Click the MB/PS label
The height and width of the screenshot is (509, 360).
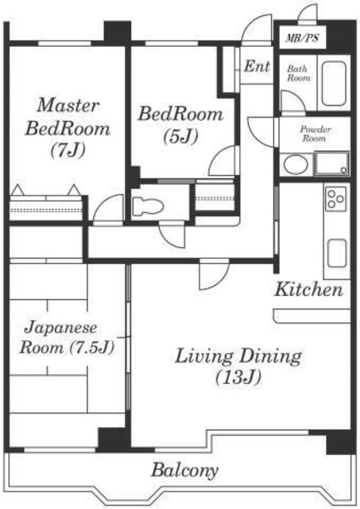(302, 38)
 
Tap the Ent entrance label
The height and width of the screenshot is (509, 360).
(257, 66)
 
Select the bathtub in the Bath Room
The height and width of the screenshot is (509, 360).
(334, 84)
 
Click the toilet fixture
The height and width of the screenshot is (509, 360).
(148, 206)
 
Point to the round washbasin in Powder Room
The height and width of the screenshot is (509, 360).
(296, 165)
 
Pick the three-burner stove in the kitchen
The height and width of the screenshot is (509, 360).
(336, 199)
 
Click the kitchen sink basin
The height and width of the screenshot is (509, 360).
(337, 254)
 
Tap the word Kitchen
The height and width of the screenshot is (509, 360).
(308, 289)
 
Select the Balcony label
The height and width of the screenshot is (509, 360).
(184, 470)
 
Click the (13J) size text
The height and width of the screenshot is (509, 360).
(238, 377)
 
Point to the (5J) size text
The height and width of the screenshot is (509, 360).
(180, 136)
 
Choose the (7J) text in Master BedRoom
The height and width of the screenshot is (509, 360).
(68, 150)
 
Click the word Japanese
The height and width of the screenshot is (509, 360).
(60, 328)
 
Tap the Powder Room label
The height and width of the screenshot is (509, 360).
(315, 134)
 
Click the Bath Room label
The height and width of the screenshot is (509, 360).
(298, 73)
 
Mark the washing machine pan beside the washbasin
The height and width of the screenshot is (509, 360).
(331, 164)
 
